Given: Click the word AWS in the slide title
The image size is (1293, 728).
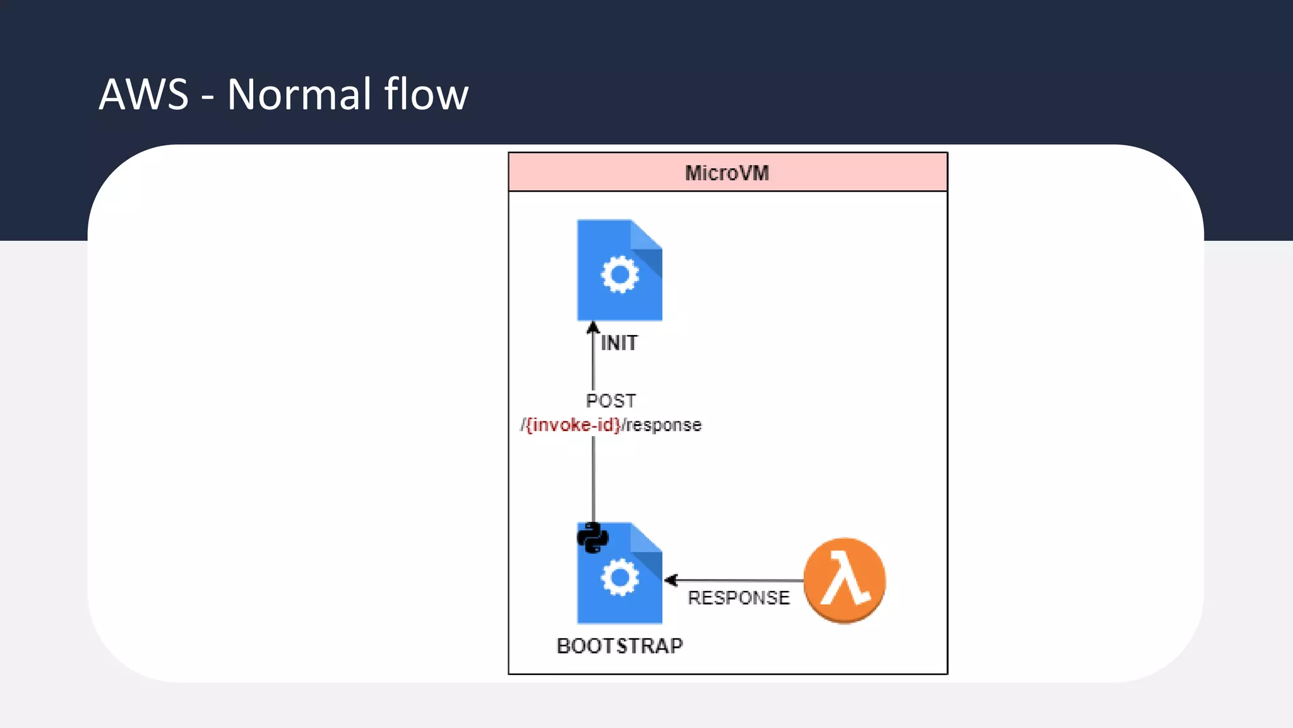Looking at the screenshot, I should (144, 95).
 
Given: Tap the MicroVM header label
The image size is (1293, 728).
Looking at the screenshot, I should (727, 173).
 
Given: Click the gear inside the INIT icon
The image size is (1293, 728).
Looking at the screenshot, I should (619, 274).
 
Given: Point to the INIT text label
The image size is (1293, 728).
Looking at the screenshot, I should (619, 343).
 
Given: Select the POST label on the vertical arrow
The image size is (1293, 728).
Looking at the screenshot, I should (611, 401).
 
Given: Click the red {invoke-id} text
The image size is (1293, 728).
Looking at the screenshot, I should (573, 425).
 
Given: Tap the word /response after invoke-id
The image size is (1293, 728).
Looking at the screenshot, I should (662, 425).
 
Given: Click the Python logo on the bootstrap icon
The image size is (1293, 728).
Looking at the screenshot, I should (592, 538).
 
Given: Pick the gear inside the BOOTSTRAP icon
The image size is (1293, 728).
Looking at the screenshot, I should (619, 577).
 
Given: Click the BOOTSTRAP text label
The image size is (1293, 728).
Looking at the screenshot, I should (619, 646).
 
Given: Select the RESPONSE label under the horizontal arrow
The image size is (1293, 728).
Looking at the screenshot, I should (738, 598).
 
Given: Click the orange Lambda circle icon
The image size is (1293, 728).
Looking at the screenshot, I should (844, 580).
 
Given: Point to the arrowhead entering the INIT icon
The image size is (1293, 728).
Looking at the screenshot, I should (593, 327).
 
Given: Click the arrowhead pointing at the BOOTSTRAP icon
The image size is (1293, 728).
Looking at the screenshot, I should (671, 580).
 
